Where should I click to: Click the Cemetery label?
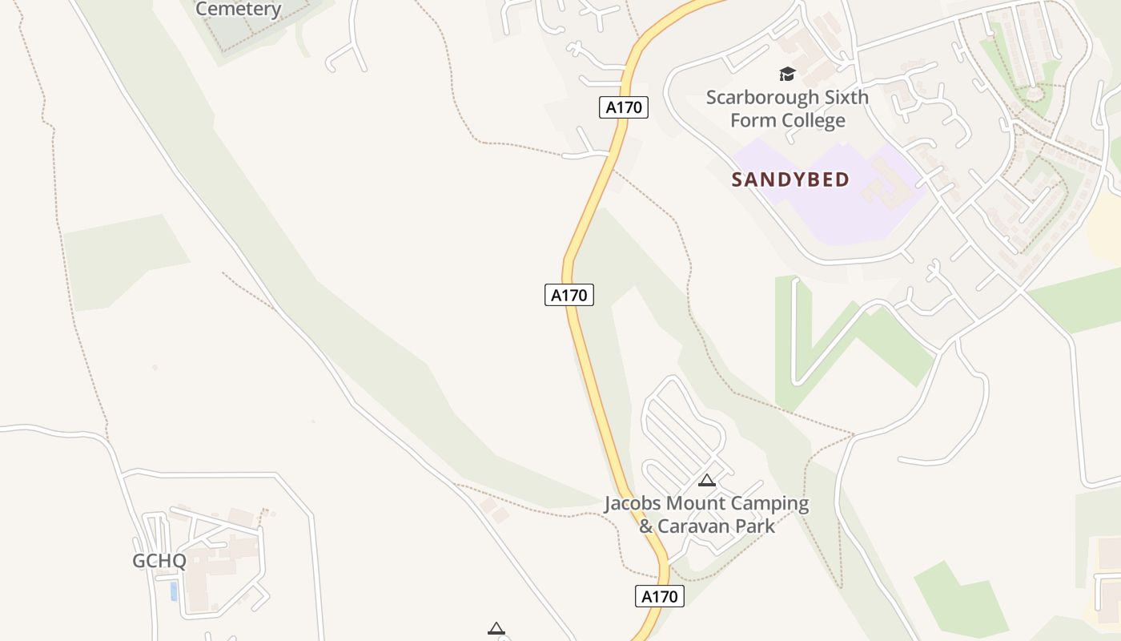(x=239, y=10)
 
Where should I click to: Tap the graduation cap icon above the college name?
(x=787, y=75)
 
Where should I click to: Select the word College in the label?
(x=814, y=121)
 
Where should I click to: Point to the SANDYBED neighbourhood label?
(x=790, y=179)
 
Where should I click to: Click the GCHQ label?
(x=159, y=561)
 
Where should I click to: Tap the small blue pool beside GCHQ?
(x=174, y=591)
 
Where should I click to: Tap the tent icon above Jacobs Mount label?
(x=706, y=481)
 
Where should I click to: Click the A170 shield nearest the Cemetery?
(x=623, y=107)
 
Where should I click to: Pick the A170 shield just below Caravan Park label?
(x=661, y=596)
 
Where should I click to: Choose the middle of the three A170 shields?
(x=569, y=295)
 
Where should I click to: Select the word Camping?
(x=772, y=504)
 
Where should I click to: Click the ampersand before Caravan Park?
(x=645, y=526)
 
